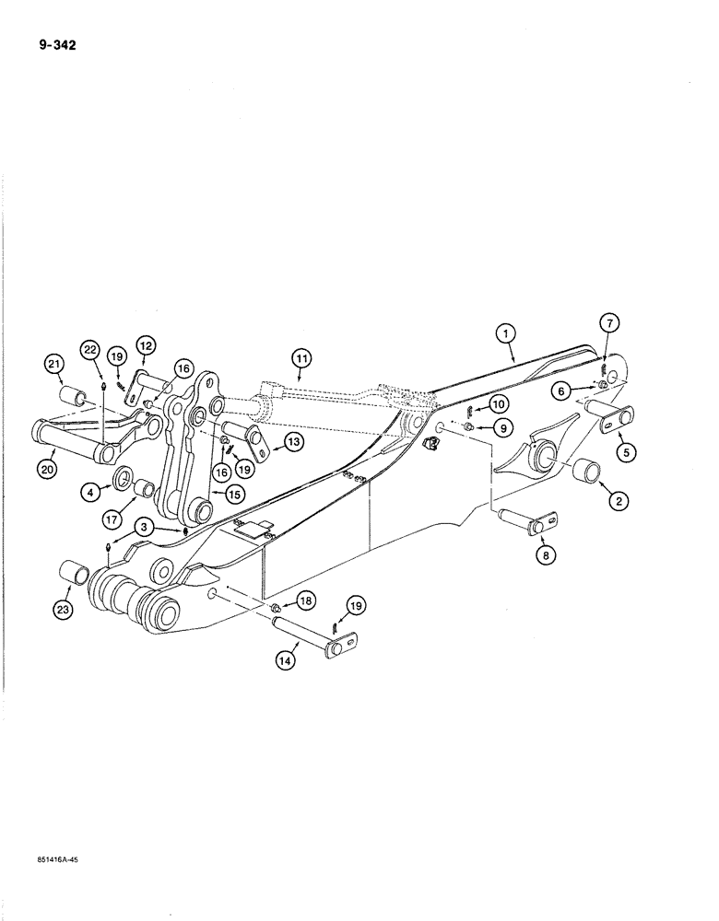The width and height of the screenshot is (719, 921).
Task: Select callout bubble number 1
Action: click(x=510, y=335)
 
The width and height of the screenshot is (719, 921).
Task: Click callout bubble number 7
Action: click(x=612, y=322)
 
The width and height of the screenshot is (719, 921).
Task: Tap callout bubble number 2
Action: click(x=618, y=502)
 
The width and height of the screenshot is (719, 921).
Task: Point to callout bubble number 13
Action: click(x=293, y=442)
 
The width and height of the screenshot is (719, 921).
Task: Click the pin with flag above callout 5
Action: click(x=608, y=418)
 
